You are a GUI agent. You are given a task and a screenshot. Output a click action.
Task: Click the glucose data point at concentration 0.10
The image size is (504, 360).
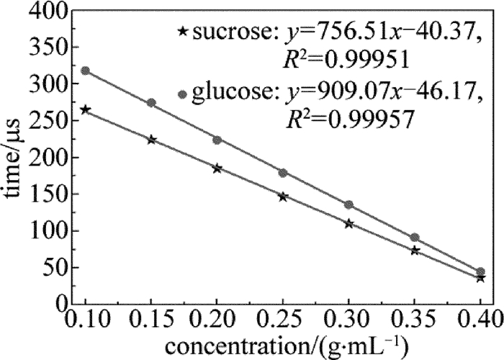click(86, 71)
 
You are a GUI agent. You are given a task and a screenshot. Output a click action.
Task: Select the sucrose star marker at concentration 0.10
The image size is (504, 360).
click(86, 109)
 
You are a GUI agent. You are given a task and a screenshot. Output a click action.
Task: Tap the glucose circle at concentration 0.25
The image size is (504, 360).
click(283, 173)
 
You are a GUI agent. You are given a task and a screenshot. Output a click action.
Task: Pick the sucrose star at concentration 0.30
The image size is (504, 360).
click(349, 224)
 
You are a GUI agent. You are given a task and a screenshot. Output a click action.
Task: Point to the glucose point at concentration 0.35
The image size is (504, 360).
click(415, 238)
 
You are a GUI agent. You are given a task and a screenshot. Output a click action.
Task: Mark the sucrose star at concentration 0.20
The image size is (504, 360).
click(217, 168)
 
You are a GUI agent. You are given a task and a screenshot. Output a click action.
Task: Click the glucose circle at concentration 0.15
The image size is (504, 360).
click(151, 103)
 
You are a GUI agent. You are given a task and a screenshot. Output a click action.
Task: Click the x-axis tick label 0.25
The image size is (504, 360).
click(283, 319)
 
